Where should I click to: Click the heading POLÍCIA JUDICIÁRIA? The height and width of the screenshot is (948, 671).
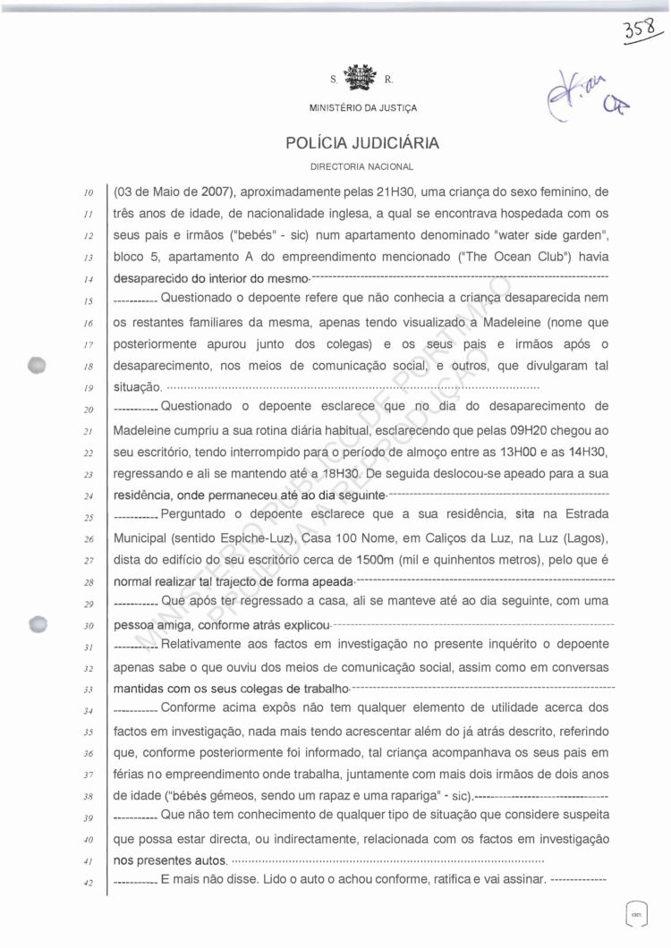(x=362, y=143)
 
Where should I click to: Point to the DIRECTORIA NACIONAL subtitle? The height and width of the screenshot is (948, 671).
(x=361, y=166)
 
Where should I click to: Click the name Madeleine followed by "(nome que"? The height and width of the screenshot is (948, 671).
(x=509, y=322)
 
